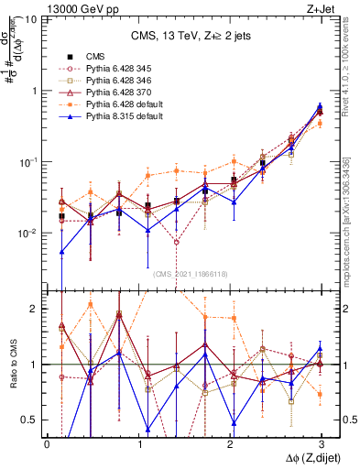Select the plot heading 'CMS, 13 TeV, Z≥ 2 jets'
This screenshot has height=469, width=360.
pyautogui.click(x=183, y=38)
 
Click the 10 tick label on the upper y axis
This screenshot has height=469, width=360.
pyautogui.click(x=29, y=19)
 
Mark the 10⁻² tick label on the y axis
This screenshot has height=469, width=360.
pyautogui.click(x=27, y=234)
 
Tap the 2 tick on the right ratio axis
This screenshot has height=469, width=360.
pyautogui.click(x=346, y=309)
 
